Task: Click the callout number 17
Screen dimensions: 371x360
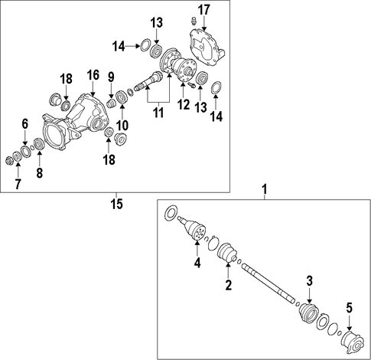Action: pyautogui.click(x=203, y=11)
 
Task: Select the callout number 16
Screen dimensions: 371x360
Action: pyautogui.click(x=93, y=75)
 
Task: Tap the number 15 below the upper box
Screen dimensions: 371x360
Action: pyautogui.click(x=116, y=204)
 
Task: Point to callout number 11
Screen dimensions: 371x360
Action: pyautogui.click(x=158, y=113)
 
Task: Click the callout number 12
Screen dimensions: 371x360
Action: pyautogui.click(x=184, y=105)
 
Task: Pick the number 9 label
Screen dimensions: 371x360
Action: pyautogui.click(x=111, y=77)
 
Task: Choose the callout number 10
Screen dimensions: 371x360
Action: pyautogui.click(x=122, y=125)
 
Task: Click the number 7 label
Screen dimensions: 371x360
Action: pyautogui.click(x=18, y=184)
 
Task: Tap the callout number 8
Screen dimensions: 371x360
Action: pyautogui.click(x=39, y=172)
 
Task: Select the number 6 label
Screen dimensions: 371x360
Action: pyautogui.click(x=24, y=124)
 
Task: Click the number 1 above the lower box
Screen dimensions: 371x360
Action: pyautogui.click(x=265, y=190)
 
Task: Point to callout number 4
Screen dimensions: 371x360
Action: pyautogui.click(x=197, y=263)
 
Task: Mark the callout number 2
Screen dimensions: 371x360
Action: pyautogui.click(x=228, y=285)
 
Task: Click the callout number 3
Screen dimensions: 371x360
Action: pyautogui.click(x=309, y=281)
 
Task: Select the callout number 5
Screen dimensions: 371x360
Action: pyautogui.click(x=349, y=308)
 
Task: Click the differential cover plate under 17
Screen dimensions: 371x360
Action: pyautogui.click(x=206, y=48)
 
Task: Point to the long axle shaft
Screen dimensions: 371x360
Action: pyautogui.click(x=268, y=283)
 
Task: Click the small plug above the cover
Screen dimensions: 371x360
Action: pyautogui.click(x=194, y=21)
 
